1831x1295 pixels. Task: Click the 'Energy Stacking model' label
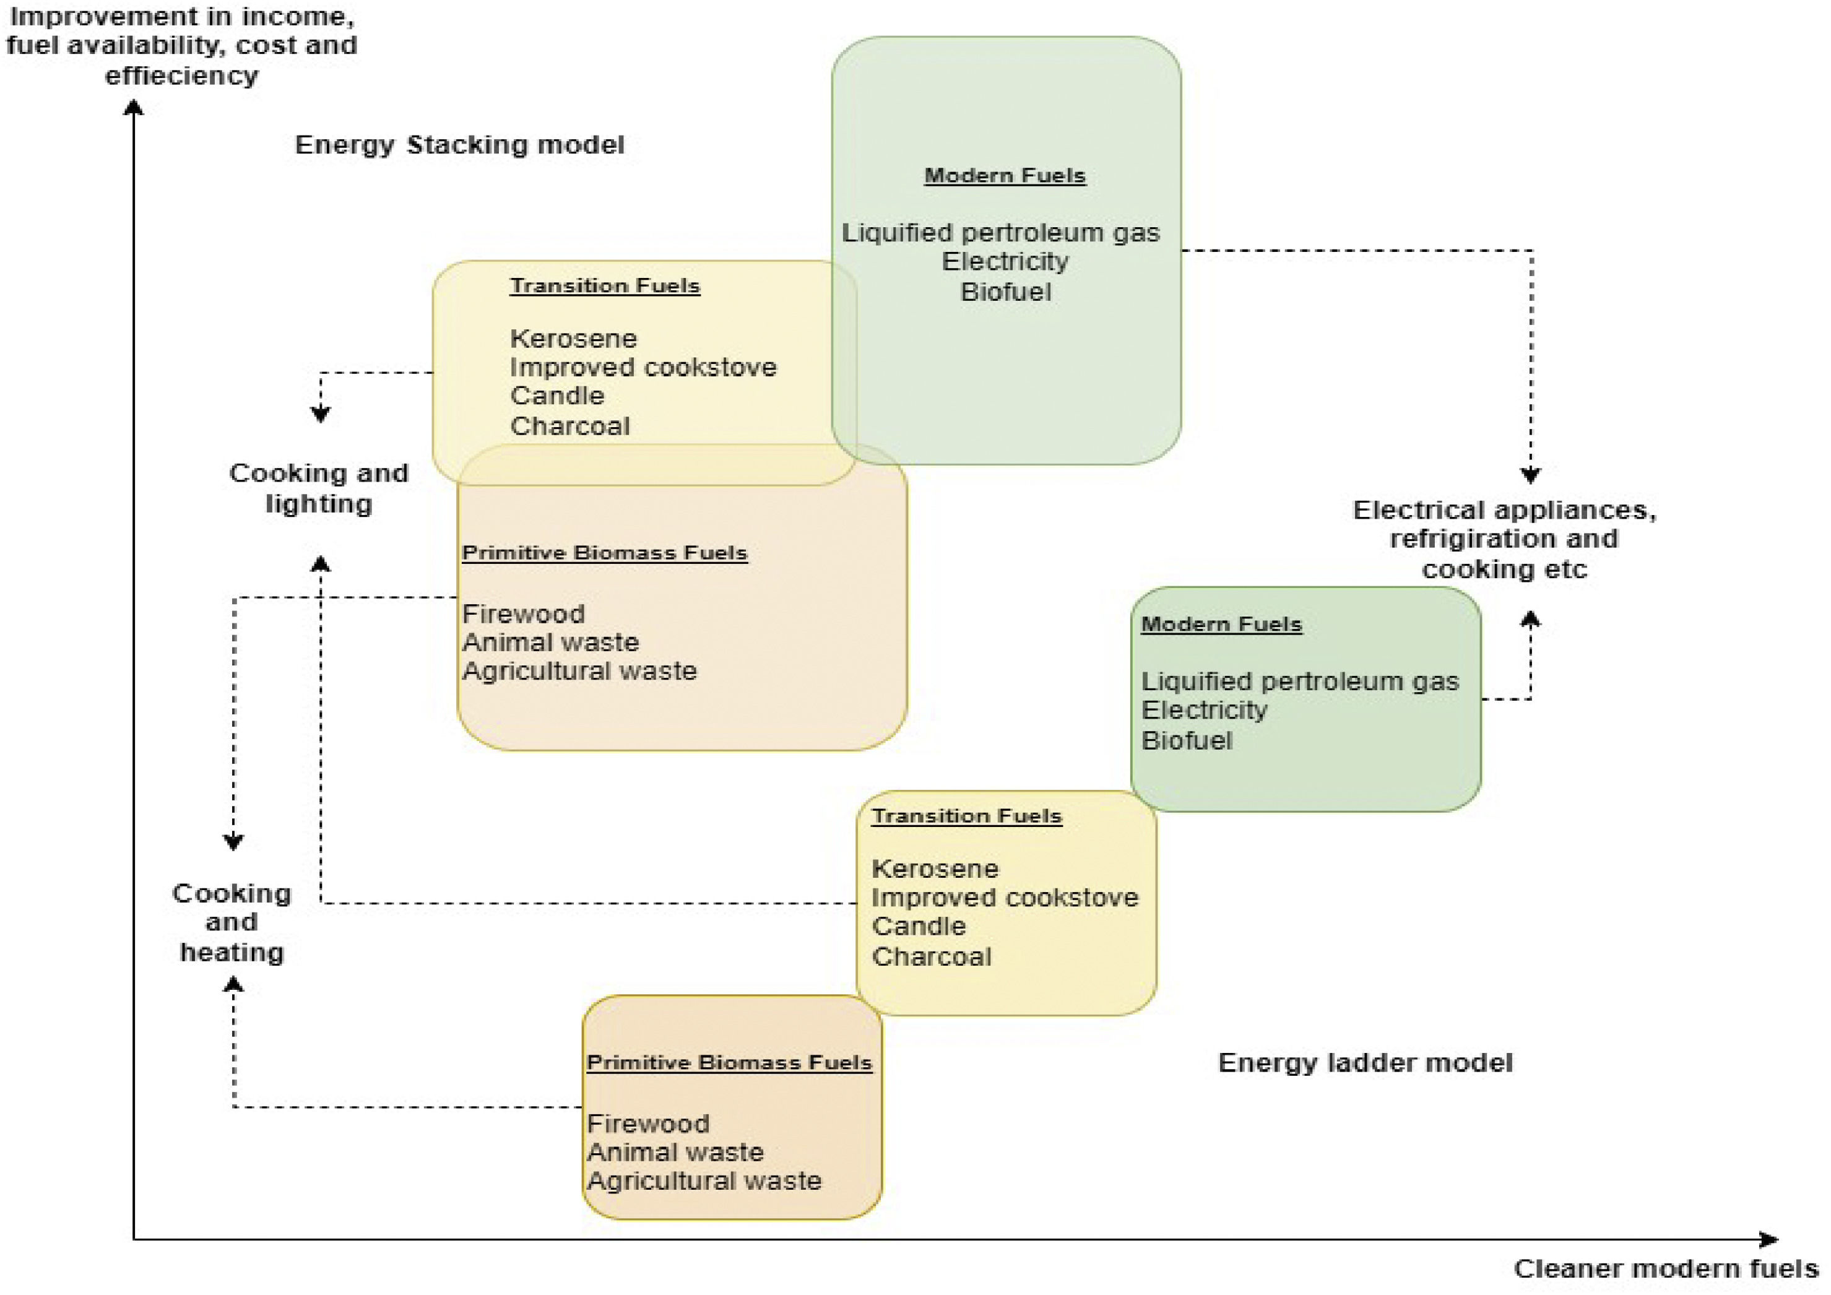click(459, 145)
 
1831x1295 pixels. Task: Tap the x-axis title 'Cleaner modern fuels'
click(1665, 1268)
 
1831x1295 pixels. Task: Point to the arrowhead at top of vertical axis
click(133, 108)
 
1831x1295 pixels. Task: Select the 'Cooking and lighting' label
click(319, 488)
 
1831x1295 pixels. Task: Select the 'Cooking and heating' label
click(232, 922)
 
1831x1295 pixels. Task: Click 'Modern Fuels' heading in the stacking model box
click(1005, 175)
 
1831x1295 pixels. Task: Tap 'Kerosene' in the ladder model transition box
click(935, 868)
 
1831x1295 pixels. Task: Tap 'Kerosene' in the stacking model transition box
click(573, 339)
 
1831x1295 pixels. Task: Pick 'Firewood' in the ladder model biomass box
click(647, 1124)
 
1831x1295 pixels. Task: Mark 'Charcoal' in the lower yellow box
click(932, 957)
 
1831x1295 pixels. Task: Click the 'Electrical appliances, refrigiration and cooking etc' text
click(1504, 540)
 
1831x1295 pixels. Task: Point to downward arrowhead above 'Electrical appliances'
click(1530, 475)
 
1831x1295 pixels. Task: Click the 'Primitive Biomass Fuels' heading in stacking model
click(605, 553)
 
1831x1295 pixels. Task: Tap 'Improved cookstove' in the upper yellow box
click(643, 368)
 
